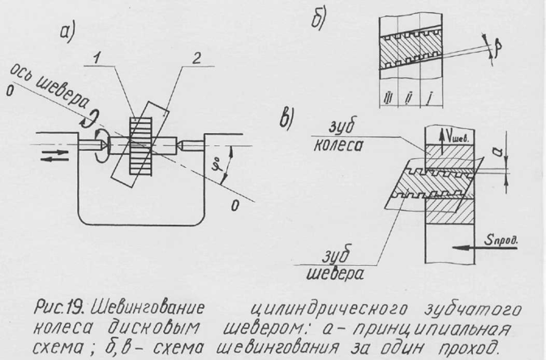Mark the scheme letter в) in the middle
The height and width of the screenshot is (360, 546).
click(286, 117)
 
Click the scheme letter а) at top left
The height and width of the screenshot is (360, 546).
click(67, 32)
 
